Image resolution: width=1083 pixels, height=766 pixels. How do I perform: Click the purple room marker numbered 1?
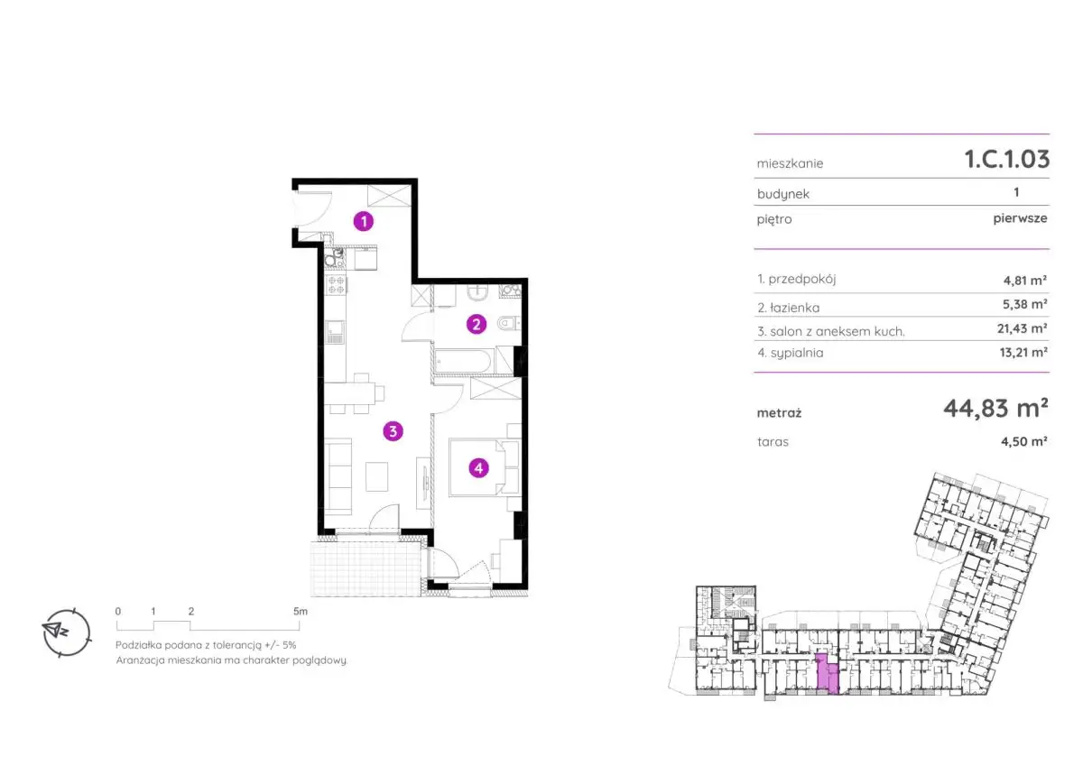point(364,221)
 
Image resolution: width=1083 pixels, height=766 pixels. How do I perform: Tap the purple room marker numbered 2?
point(477,324)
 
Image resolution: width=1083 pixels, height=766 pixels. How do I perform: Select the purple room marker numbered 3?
point(393,431)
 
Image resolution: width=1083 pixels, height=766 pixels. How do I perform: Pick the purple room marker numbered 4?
point(478,468)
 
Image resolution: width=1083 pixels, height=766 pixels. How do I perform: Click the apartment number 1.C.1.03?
point(1007,159)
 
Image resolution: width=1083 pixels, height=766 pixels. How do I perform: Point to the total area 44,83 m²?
point(995,409)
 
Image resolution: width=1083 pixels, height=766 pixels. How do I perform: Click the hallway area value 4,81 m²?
point(1025,281)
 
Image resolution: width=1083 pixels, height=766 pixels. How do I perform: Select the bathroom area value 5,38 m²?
point(1024,304)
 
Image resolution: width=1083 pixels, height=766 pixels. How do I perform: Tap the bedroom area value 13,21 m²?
point(1023,352)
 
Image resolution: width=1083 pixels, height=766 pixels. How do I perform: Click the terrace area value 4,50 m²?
point(1024,441)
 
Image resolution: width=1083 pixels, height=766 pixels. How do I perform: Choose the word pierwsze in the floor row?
point(1020,218)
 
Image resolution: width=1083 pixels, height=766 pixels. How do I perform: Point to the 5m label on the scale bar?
point(301,612)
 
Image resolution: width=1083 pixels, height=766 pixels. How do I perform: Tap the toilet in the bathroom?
point(509,323)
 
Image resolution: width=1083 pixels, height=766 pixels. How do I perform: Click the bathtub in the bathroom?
point(463,361)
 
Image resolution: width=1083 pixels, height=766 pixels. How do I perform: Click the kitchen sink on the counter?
point(335,332)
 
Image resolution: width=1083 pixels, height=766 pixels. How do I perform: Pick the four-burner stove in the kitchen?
point(336,285)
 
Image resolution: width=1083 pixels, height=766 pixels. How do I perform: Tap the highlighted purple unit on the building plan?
point(827,674)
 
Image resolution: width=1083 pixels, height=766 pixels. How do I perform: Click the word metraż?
point(779,413)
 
